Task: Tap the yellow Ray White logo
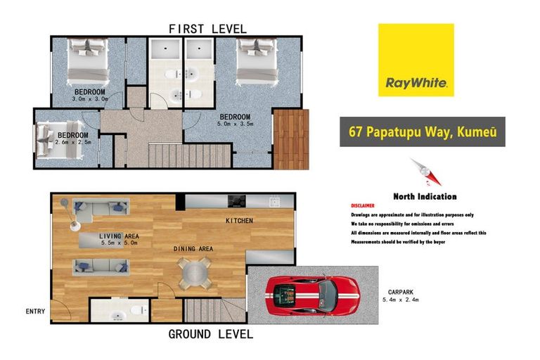(x=416, y=60)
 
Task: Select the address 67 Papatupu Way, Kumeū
(x=422, y=131)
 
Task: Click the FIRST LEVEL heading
(x=207, y=29)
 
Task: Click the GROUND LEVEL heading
(x=210, y=334)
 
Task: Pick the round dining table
(x=194, y=271)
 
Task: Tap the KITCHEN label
(x=239, y=221)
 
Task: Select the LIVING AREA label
(x=119, y=236)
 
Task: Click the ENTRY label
(x=35, y=311)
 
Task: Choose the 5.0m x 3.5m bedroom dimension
(x=235, y=124)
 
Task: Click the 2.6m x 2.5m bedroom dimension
(x=72, y=142)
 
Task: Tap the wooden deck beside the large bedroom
(x=290, y=139)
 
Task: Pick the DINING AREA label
(x=193, y=249)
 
